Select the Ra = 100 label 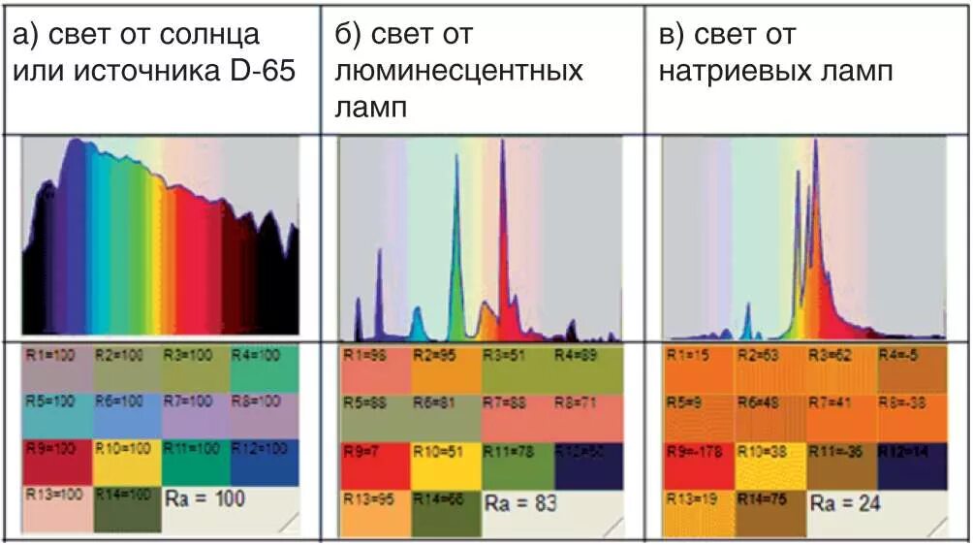[x=205, y=498]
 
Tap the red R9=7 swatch [x=375, y=463]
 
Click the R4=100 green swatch [x=265, y=366]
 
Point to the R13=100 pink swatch [x=57, y=508]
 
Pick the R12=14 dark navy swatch [x=912, y=462]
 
